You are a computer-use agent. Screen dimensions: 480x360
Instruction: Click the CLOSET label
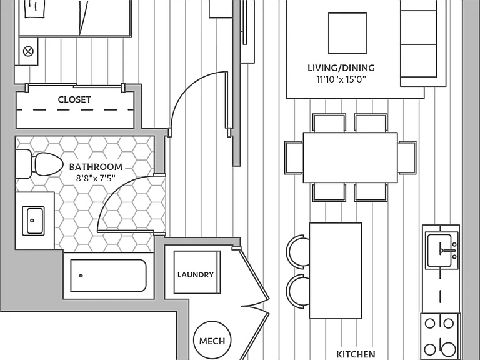click(x=74, y=99)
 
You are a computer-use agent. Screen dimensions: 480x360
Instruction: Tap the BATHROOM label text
click(x=96, y=167)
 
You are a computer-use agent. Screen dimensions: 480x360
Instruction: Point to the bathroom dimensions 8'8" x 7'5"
click(x=96, y=178)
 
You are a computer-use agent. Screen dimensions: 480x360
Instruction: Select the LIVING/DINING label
click(x=341, y=68)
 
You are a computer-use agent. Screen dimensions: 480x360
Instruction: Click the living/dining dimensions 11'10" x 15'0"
click(x=341, y=79)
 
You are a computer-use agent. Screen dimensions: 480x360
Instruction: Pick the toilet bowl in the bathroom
click(x=48, y=164)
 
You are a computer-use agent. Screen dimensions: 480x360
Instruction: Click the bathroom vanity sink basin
click(x=33, y=221)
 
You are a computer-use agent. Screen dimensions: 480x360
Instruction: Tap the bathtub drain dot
click(x=81, y=276)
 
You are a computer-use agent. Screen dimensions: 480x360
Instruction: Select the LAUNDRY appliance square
click(x=197, y=272)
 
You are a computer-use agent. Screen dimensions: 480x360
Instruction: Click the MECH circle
click(x=212, y=340)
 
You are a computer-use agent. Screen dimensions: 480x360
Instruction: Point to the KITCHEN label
click(x=356, y=354)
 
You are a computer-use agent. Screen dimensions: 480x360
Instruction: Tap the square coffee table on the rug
click(x=347, y=33)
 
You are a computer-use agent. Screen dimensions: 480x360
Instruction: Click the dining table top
click(x=350, y=157)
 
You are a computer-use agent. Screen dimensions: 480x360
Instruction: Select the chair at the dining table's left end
click(x=294, y=157)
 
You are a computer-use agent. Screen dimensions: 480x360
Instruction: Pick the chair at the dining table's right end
click(x=407, y=157)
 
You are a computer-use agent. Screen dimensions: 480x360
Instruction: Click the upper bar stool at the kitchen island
click(x=297, y=252)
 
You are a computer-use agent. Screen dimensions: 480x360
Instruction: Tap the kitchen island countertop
click(x=336, y=271)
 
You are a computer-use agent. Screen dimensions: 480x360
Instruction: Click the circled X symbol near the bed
click(x=29, y=51)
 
